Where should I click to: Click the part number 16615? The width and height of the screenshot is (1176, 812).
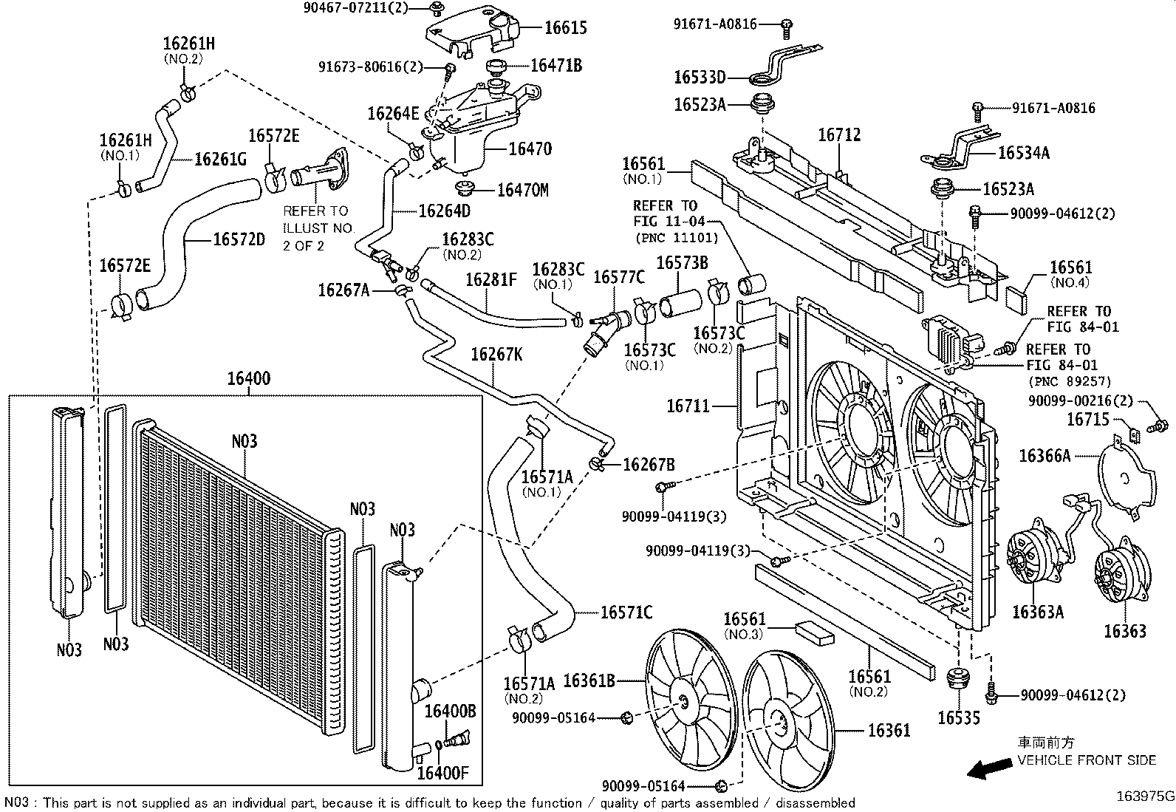click(x=566, y=28)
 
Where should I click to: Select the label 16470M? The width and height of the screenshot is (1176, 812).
click(x=522, y=191)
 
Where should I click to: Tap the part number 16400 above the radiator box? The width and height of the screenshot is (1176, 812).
click(x=248, y=379)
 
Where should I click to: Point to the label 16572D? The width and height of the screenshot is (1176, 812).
click(x=239, y=240)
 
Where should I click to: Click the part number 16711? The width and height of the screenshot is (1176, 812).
click(x=688, y=406)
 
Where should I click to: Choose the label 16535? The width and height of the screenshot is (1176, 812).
click(x=959, y=717)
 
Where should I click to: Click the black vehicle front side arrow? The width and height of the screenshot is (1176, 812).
click(x=990, y=770)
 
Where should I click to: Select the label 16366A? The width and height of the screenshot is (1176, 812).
click(x=1044, y=456)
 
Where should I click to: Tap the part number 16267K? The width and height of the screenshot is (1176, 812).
click(x=496, y=355)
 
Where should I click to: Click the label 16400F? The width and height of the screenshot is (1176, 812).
click(x=442, y=774)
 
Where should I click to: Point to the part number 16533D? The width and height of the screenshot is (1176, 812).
click(x=700, y=77)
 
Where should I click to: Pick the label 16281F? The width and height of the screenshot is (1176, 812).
click(x=491, y=279)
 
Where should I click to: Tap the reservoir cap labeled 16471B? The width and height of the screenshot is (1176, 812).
click(x=495, y=68)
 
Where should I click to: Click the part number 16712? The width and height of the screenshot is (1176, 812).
click(x=839, y=135)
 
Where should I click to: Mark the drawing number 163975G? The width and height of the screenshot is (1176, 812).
click(x=1145, y=796)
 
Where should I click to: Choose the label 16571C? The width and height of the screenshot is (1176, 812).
click(x=626, y=612)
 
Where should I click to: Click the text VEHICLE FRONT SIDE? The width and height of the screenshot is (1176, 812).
click(x=1087, y=760)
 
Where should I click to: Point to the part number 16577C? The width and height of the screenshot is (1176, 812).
click(x=619, y=277)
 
